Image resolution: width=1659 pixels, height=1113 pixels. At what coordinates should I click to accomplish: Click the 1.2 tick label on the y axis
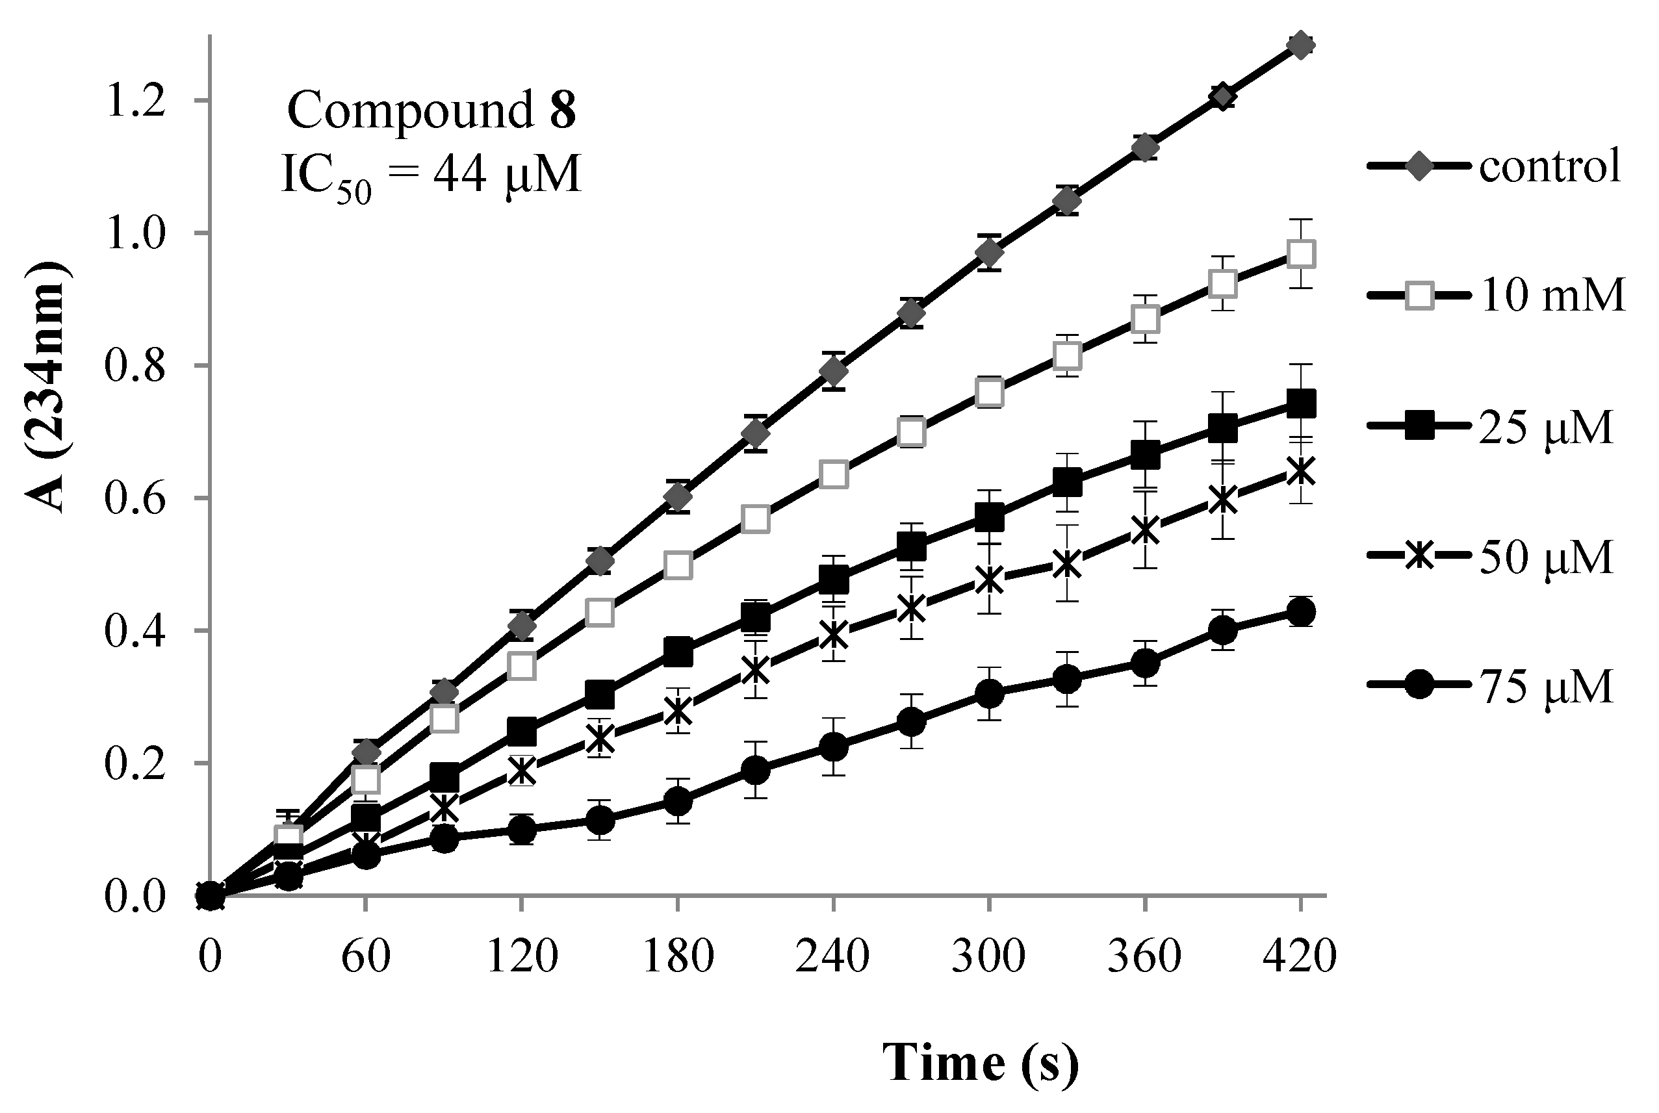(x=135, y=101)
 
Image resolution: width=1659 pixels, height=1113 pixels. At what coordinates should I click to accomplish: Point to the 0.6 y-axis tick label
(x=135, y=498)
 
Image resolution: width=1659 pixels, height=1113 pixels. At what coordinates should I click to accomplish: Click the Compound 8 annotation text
(x=431, y=112)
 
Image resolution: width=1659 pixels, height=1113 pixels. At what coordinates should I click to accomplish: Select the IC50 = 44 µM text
(x=431, y=175)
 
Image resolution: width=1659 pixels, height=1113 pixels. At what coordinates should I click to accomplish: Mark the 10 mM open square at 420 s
(x=1300, y=253)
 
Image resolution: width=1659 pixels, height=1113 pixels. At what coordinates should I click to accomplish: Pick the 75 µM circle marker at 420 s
(x=1300, y=612)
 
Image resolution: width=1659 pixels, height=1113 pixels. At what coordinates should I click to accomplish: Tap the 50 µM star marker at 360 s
(x=1145, y=530)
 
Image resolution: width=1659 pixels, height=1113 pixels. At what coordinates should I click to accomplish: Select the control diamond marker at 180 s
(x=678, y=499)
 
